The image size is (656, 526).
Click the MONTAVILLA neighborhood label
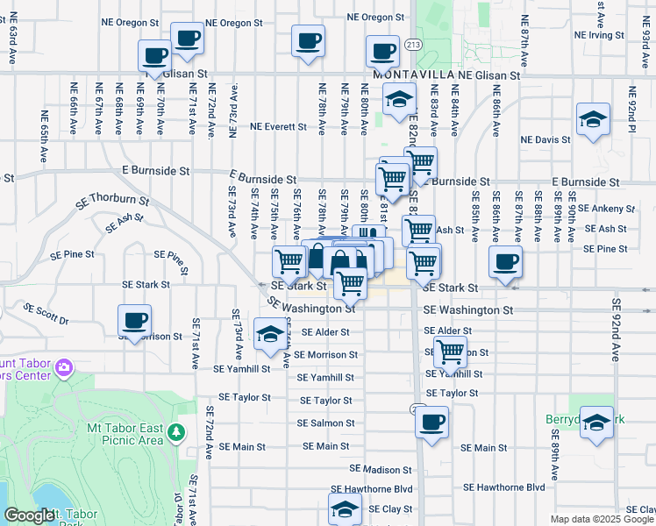410,75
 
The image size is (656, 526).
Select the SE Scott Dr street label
46,314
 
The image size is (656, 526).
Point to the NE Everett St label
278,126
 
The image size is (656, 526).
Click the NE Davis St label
545,139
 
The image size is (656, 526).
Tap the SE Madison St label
380,469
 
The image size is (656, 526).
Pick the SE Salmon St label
325,423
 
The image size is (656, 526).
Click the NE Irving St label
598,35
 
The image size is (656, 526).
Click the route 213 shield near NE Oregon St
411,43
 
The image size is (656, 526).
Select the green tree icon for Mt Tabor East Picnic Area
176,431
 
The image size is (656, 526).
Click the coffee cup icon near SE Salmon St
431,422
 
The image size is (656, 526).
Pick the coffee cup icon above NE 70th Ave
154,56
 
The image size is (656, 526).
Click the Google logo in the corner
29,516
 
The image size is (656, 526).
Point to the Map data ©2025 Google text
602,519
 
